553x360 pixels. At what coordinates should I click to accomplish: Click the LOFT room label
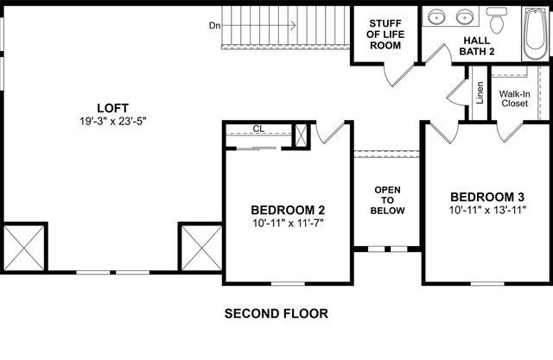tap(112, 108)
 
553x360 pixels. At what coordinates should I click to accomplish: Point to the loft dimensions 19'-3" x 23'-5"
tap(112, 122)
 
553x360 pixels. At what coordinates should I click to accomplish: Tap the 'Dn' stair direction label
tap(214, 25)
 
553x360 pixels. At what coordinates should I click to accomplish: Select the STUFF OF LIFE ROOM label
tap(385, 34)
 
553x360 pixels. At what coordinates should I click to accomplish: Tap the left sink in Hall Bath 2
tap(438, 16)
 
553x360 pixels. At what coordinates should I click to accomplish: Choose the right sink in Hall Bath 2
tap(466, 16)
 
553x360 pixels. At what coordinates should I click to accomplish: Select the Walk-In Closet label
tap(514, 98)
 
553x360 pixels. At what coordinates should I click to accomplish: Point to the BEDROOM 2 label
tap(288, 210)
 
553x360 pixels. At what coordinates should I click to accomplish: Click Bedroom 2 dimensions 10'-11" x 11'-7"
tap(288, 224)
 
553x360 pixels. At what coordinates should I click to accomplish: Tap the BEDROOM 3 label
tap(487, 195)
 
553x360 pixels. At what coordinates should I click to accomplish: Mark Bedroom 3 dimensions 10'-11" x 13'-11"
tap(487, 210)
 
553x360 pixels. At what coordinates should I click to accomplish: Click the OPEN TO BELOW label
tap(386, 199)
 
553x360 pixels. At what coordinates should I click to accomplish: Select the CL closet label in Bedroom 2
tap(257, 129)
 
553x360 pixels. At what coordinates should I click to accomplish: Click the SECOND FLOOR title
tap(276, 313)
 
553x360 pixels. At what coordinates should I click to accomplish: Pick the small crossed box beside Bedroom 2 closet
tap(302, 136)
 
